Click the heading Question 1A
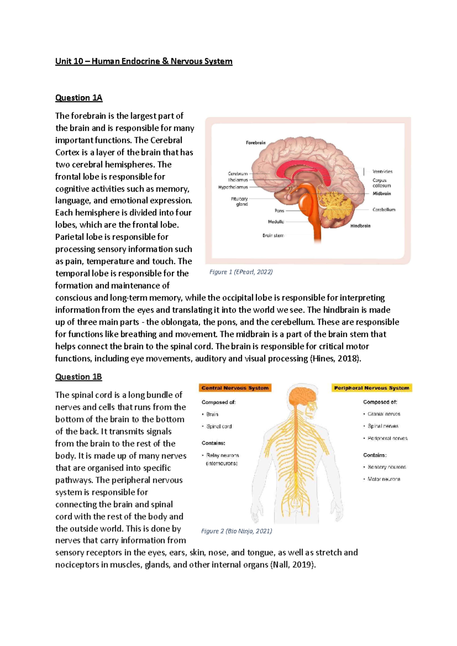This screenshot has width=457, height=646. click(78, 98)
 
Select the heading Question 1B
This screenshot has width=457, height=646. click(78, 377)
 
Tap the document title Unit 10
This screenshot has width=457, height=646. click(144, 61)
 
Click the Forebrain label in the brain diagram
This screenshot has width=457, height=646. click(256, 143)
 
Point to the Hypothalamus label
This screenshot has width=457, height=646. click(233, 187)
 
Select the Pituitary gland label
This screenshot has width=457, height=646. click(240, 201)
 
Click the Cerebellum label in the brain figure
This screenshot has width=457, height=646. click(384, 209)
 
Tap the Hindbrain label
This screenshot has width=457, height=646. click(360, 226)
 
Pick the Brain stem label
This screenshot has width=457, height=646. click(273, 235)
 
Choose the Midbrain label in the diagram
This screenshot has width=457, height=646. click(382, 193)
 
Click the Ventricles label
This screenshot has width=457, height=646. click(382, 171)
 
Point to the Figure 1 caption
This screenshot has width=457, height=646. click(241, 272)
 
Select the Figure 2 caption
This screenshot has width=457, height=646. click(236, 531)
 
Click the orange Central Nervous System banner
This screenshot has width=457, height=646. click(235, 388)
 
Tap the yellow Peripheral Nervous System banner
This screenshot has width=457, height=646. click(371, 388)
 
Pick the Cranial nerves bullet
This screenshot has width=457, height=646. click(383, 414)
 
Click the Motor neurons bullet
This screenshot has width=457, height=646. click(383, 479)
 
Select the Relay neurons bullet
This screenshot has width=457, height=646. click(222, 455)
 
